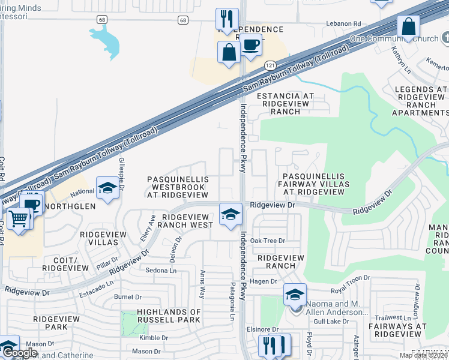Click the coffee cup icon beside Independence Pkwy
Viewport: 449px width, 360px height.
[252, 44]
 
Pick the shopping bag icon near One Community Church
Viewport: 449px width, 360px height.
[408, 26]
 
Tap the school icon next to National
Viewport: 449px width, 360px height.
[107, 188]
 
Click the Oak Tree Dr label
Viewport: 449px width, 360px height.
[267, 241]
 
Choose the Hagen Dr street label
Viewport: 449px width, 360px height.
[264, 281]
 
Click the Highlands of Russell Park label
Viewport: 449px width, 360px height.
[169, 316]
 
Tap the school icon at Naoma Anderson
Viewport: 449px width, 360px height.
[295, 295]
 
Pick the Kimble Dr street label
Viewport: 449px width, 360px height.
[153, 338]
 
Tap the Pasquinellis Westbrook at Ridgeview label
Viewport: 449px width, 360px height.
[178, 187]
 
